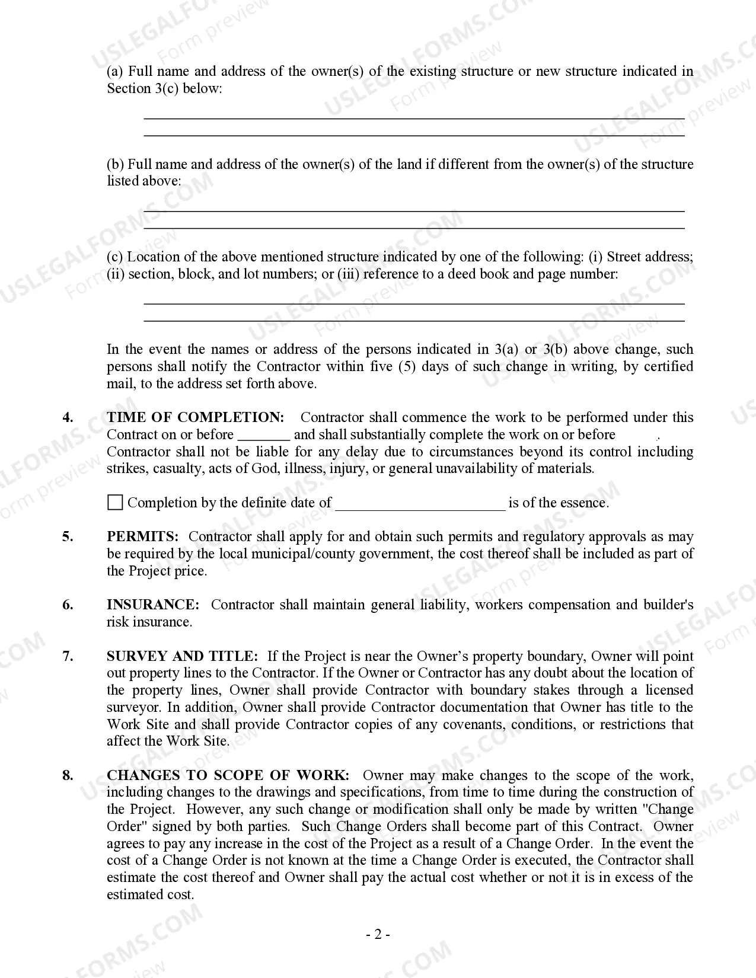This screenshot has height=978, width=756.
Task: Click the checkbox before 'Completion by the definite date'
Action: [115, 503]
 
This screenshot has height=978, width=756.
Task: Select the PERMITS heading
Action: [142, 536]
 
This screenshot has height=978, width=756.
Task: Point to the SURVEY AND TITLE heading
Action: [182, 656]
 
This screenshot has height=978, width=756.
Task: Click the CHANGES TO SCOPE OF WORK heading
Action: [228, 775]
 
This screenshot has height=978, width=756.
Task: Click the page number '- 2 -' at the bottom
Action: [378, 935]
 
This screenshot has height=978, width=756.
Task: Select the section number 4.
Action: [68, 417]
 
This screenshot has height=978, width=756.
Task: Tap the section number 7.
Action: [68, 656]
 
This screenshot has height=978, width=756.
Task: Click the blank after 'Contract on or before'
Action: [263, 436]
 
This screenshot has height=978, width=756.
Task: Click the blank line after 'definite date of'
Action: [420, 504]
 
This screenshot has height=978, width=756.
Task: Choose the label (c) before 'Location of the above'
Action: [115, 257]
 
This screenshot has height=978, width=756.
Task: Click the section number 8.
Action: [68, 775]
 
